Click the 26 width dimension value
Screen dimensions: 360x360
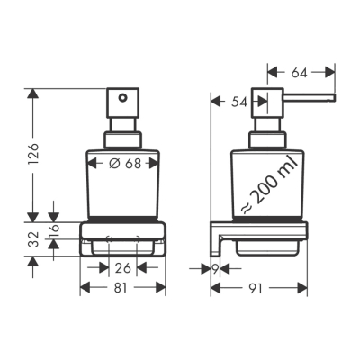[x=123, y=267]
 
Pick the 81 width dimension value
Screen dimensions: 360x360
[x=123, y=289]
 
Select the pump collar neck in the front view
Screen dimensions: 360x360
[x=123, y=139]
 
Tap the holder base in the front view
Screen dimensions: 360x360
[x=123, y=242]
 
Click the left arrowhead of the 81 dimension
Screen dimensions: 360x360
[x=85, y=289]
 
